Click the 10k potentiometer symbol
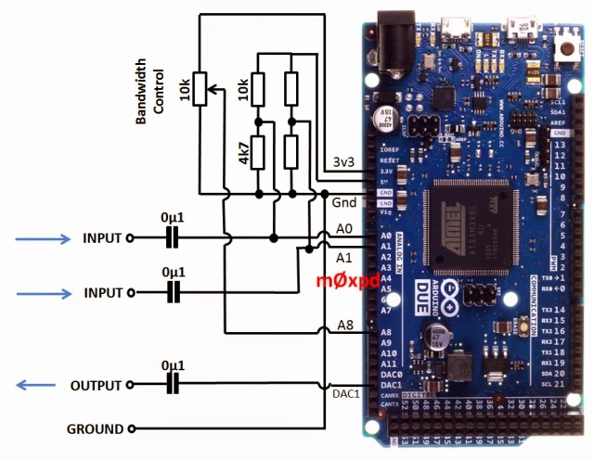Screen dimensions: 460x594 [x=200, y=90]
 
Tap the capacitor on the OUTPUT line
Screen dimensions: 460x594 [x=171, y=386]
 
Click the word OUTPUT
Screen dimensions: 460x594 [x=97, y=386]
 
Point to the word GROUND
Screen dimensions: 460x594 [x=95, y=428]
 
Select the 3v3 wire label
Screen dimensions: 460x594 [x=344, y=162]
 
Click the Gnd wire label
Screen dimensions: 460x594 [x=343, y=200]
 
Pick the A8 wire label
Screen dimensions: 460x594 [x=345, y=324]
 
